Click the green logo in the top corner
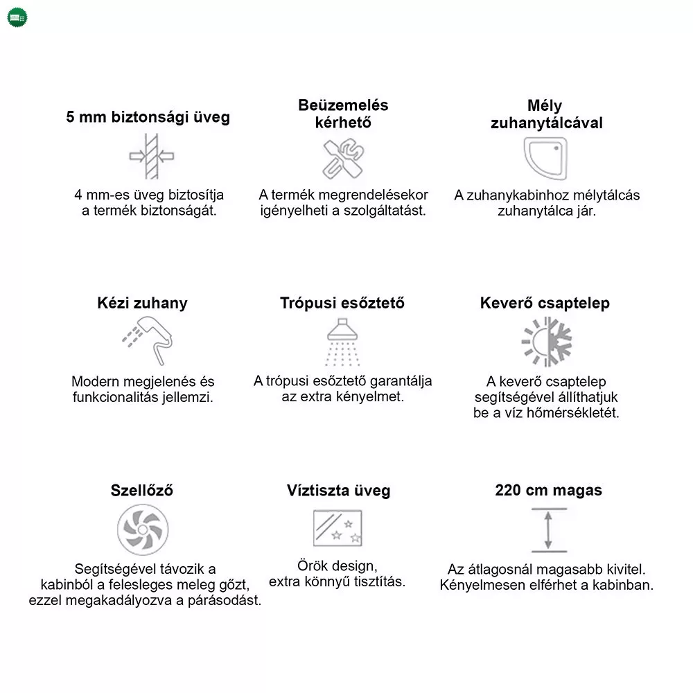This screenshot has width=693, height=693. point(17,17)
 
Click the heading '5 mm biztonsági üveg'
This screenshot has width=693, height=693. point(148,116)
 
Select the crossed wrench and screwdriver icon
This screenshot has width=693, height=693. point(343,159)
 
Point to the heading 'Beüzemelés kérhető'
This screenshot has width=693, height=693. point(343,114)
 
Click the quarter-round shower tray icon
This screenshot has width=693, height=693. point(545,158)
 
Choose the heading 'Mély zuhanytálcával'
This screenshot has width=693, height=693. point(546,114)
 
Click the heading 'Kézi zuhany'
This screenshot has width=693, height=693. point(142,304)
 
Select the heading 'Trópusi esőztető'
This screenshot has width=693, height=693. point(342,304)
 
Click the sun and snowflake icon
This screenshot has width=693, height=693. point(546,342)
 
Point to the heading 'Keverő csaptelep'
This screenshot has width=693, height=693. point(545,304)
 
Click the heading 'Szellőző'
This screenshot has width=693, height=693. point(141,491)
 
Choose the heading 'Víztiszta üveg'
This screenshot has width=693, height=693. point(338,491)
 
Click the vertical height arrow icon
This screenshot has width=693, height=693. point(549,530)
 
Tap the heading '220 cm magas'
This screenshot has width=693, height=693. point(548,491)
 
